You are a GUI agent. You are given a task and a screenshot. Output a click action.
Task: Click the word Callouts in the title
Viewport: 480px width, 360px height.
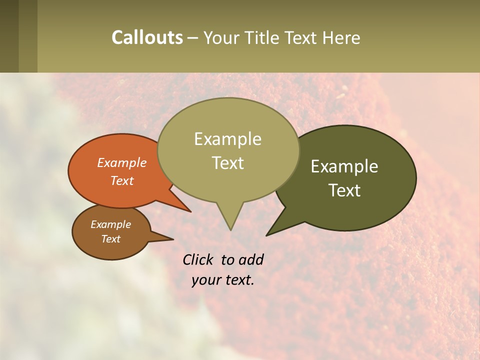click(x=147, y=37)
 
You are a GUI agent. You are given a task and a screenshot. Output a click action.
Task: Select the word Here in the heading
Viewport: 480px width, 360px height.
click(x=341, y=37)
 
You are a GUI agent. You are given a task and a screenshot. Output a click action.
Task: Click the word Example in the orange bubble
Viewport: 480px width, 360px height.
click(x=122, y=162)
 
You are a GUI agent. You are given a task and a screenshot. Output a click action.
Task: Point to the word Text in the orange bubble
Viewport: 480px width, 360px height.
click(x=122, y=180)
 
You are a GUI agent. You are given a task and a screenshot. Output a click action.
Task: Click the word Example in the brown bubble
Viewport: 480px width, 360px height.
click(x=110, y=224)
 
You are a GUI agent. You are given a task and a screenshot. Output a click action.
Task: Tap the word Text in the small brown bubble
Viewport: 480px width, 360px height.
click(x=110, y=239)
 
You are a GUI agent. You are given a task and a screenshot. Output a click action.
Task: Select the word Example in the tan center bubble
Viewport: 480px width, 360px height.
click(x=227, y=139)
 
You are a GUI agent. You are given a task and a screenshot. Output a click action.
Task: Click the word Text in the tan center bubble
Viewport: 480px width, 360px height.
click(x=227, y=163)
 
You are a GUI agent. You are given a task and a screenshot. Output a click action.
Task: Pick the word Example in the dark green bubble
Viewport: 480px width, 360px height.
click(x=344, y=166)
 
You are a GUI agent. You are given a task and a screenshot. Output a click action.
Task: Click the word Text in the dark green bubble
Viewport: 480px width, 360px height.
click(x=344, y=190)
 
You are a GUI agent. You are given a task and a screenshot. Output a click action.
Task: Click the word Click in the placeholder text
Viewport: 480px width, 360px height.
click(x=199, y=259)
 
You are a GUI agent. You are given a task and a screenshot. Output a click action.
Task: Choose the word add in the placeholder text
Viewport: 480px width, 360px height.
click(x=251, y=259)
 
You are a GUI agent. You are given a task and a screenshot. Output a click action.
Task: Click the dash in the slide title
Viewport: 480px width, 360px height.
click(x=193, y=38)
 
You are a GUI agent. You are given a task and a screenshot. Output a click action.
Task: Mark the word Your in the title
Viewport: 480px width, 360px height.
click(x=220, y=37)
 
